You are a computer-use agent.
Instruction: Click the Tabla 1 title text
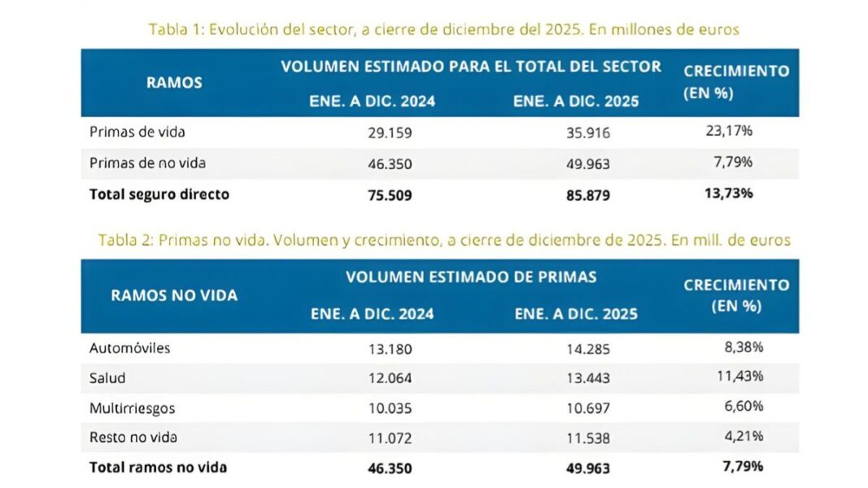[x=443, y=29]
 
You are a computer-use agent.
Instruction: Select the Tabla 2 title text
[x=443, y=240]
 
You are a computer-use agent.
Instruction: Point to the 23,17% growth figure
[x=730, y=130]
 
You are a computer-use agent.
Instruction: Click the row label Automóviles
[x=129, y=348]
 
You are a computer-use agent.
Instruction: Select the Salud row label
[x=107, y=378]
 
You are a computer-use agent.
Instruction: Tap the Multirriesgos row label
[x=132, y=407]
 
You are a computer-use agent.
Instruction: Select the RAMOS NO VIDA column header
[x=174, y=295]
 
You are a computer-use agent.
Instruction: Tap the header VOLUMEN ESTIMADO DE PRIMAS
[x=471, y=277]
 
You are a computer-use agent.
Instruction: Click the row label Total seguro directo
[x=159, y=194]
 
